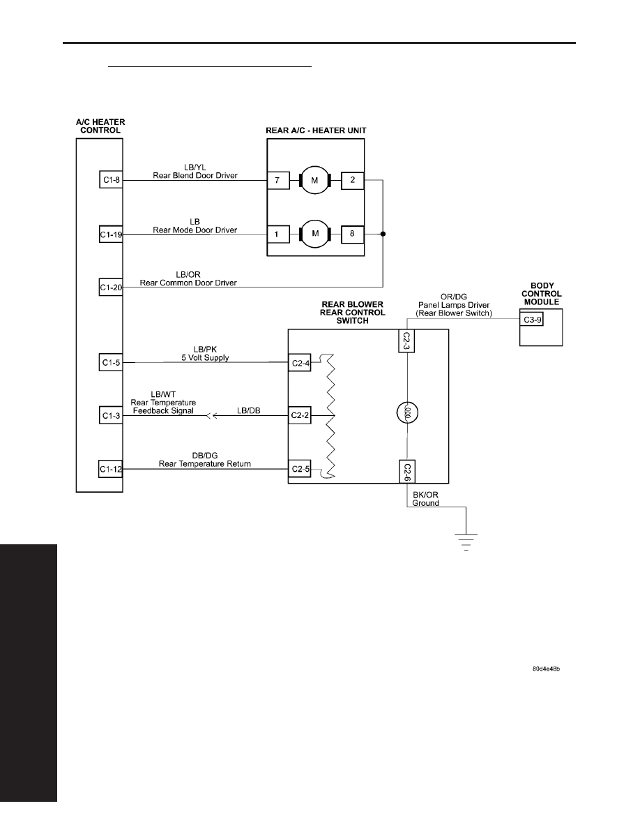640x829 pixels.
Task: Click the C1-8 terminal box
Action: point(111,180)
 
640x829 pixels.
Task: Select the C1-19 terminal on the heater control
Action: point(111,234)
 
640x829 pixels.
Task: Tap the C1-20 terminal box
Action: point(111,287)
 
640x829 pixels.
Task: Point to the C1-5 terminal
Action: point(111,363)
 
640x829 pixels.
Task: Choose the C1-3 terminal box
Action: point(111,416)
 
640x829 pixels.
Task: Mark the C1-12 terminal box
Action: point(111,469)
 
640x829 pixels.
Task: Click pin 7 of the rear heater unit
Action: point(277,180)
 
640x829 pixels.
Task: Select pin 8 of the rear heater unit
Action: point(352,234)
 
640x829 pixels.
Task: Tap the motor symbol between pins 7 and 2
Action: point(314,180)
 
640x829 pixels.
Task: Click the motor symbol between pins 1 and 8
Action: point(314,234)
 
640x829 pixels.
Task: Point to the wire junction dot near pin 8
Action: point(383,234)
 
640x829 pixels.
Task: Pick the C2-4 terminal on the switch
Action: point(300,364)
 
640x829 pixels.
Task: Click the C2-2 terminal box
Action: point(300,416)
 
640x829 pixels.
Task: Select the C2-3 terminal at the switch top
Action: point(406,341)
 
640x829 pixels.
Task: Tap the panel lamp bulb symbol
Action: point(407,412)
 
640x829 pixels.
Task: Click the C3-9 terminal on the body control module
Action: point(532,320)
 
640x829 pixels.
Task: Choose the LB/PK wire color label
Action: point(205,350)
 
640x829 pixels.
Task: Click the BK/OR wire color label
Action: point(425,495)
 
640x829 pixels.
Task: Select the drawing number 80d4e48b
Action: point(546,669)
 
